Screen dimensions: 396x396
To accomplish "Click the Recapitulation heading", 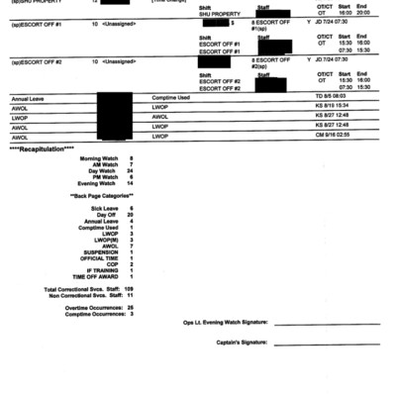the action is tap(42, 148).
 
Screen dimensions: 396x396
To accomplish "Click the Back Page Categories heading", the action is tap(102, 196).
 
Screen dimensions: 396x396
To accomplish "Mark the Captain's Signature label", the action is tap(242, 343).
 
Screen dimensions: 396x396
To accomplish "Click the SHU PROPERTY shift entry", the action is tap(215, 14).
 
